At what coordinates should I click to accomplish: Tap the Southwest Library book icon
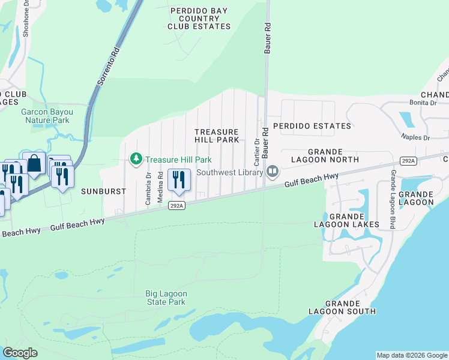[273, 172]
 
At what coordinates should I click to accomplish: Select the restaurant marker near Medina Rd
[178, 180]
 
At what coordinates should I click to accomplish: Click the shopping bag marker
[34, 163]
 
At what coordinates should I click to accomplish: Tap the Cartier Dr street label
[256, 152]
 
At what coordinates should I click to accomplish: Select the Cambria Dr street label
[148, 188]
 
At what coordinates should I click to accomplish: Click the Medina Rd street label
[160, 187]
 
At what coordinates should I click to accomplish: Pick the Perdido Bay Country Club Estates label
[199, 19]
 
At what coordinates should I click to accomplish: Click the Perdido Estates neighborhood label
[312, 126]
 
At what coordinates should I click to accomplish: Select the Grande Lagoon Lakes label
[346, 220]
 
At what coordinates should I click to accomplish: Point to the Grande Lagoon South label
[342, 307]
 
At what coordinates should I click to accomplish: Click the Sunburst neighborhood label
[104, 191]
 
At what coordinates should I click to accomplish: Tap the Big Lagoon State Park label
[166, 298]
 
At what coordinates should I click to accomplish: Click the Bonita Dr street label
[424, 103]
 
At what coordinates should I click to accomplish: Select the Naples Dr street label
[418, 137]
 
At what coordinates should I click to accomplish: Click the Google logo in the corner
[20, 353]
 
